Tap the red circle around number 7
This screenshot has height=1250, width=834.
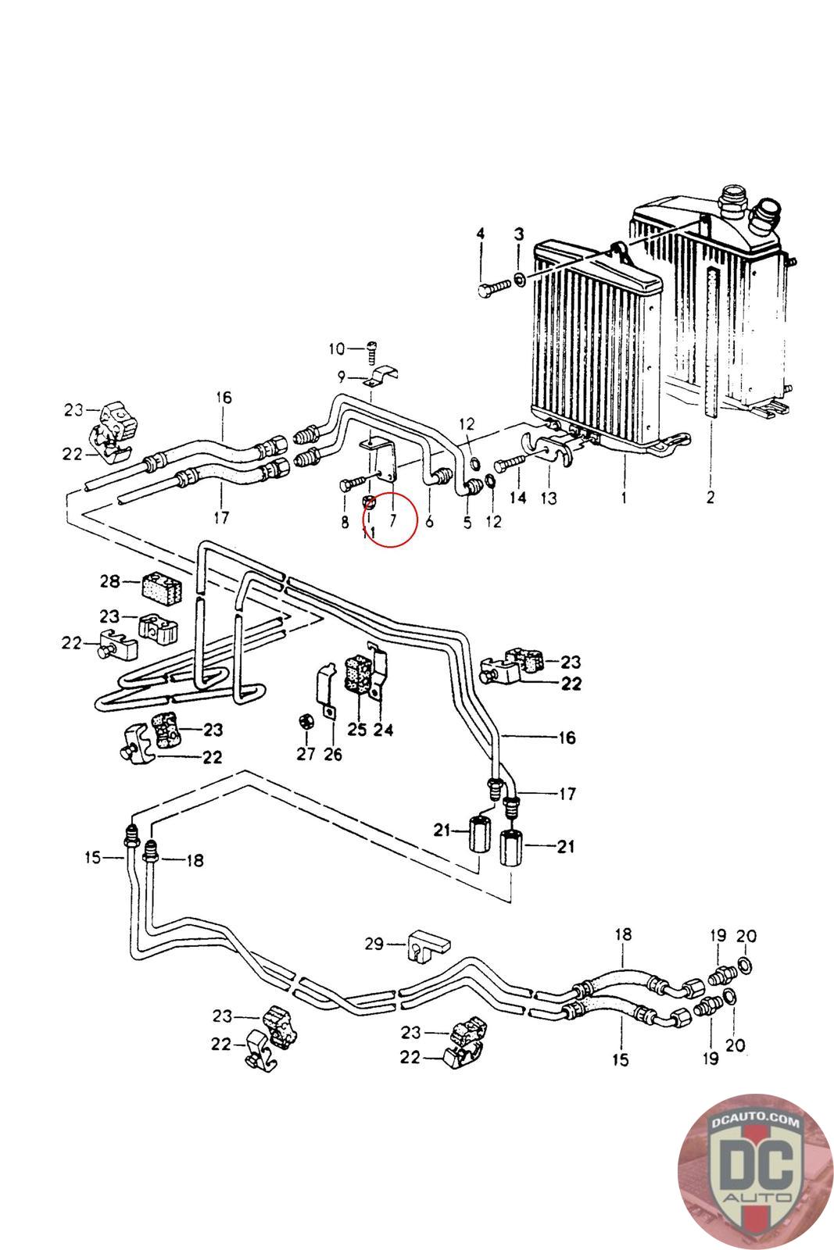point(390,520)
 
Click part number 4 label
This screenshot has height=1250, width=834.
point(481,234)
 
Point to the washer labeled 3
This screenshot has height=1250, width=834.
point(519,279)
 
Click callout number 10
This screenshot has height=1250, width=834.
point(335,348)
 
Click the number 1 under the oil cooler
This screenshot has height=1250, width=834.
point(623,496)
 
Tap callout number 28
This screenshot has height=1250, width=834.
point(110,581)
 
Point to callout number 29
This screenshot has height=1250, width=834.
point(374,945)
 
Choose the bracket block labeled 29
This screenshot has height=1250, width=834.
point(426,945)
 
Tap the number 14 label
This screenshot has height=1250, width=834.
point(517,498)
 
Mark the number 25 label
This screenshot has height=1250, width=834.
point(356,730)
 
